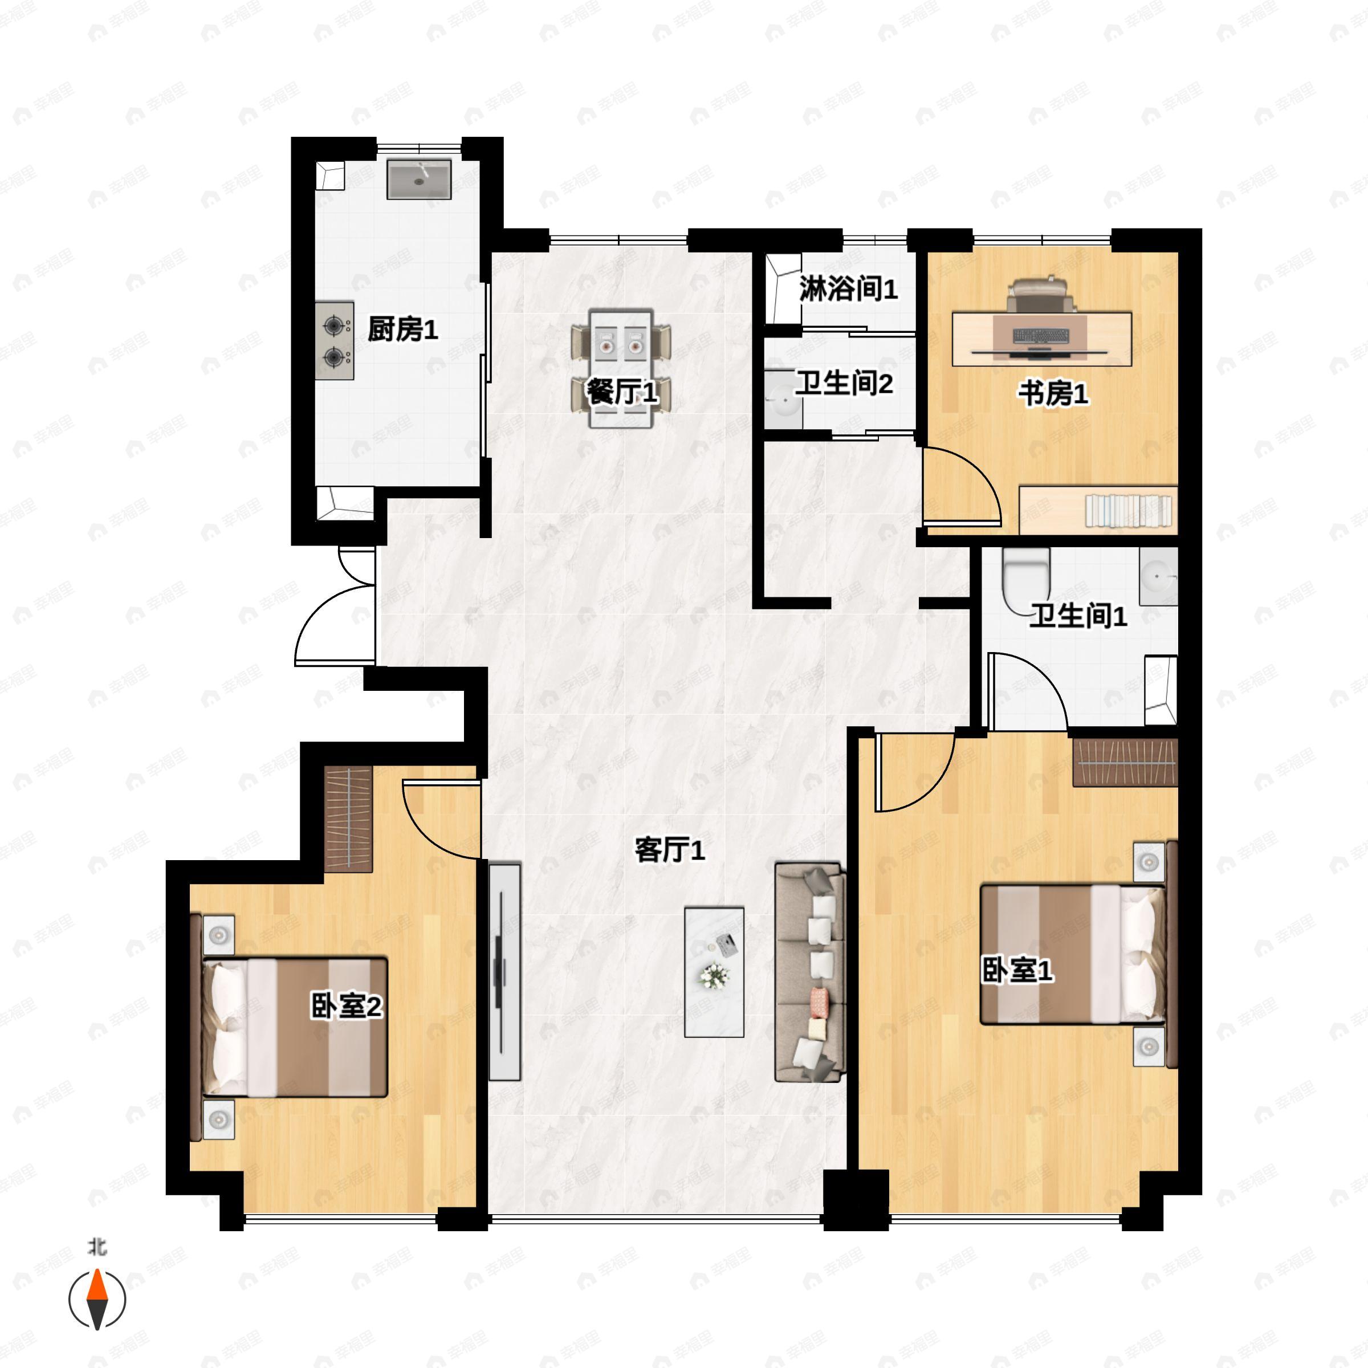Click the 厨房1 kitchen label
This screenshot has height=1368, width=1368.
(402, 330)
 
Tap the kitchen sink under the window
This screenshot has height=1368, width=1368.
(418, 179)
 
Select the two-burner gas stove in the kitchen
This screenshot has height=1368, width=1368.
(334, 341)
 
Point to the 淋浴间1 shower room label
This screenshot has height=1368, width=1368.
(848, 289)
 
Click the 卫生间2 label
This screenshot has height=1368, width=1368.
(844, 384)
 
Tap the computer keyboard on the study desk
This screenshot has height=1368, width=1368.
(1040, 335)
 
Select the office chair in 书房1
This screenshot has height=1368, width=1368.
(1040, 295)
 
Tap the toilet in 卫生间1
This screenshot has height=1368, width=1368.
(1026, 577)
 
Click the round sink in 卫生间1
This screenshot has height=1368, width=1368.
(1158, 576)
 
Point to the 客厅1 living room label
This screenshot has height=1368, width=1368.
(669, 850)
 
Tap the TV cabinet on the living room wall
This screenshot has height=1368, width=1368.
(504, 971)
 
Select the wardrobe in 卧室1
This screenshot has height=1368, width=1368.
(1125, 762)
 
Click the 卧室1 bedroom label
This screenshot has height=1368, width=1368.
(1017, 970)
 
